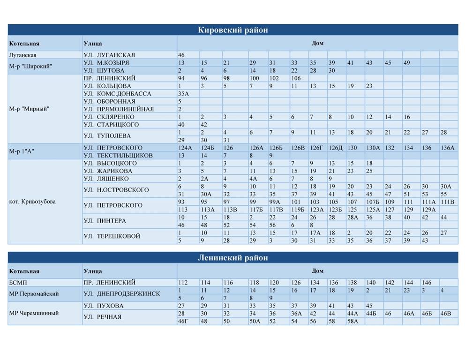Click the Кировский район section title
233,30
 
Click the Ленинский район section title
233,258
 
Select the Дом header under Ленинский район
317,271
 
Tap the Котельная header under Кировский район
24,44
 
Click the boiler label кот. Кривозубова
32,202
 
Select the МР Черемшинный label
34,313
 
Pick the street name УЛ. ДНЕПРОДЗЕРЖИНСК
121,294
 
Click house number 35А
183,94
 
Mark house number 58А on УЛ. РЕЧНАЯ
353,321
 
